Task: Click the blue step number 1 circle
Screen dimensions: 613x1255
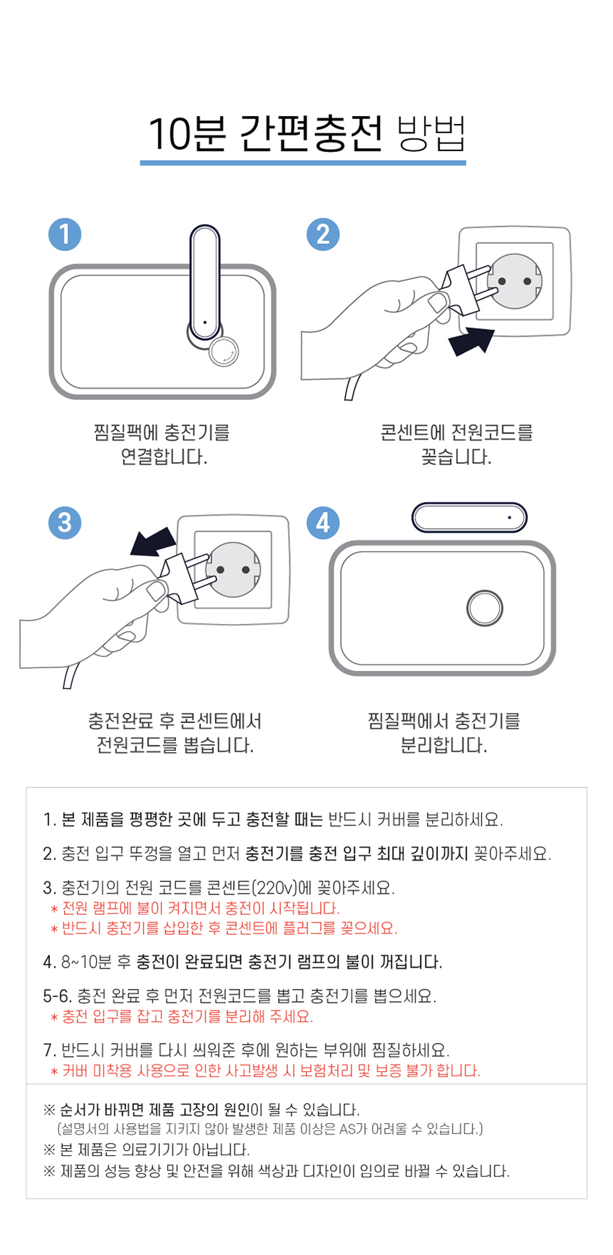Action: [65, 234]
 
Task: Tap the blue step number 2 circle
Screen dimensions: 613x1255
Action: [323, 234]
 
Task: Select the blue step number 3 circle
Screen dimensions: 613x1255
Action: [65, 522]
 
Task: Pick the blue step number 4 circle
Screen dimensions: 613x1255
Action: [323, 522]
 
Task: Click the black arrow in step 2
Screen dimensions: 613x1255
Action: [473, 341]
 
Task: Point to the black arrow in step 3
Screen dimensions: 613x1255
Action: [153, 541]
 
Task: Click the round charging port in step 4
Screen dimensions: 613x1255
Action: [485, 608]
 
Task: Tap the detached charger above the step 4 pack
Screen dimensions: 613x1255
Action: [469, 517]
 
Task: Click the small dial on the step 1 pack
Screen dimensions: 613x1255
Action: [224, 352]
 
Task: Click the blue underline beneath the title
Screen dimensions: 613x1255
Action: [303, 163]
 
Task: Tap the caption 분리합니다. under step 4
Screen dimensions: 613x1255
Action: [443, 745]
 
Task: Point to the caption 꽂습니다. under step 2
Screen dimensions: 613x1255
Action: [456, 457]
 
